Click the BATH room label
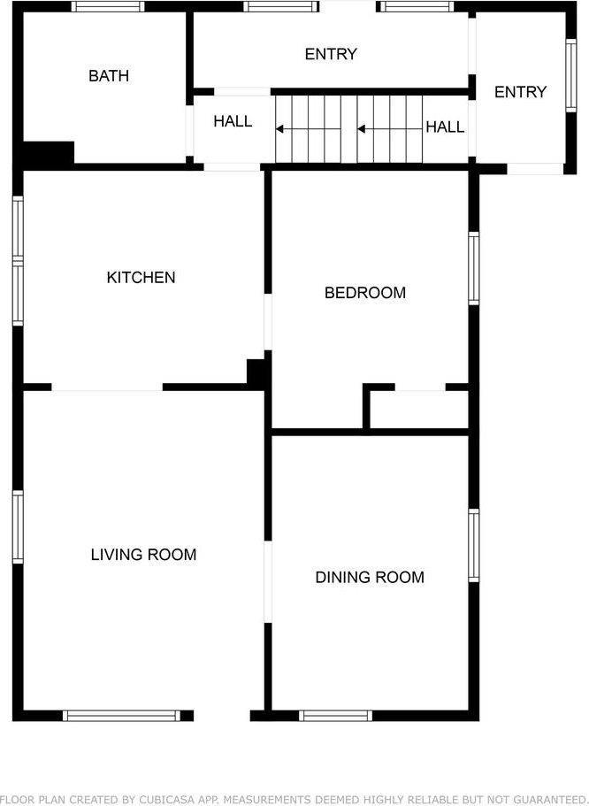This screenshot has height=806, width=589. tap(109, 76)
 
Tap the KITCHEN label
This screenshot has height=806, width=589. tap(141, 278)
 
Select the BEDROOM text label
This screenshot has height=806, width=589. tap(365, 293)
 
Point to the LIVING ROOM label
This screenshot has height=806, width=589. tap(143, 555)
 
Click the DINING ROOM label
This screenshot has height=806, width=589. tap(370, 578)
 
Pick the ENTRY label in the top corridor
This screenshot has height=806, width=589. tap(331, 55)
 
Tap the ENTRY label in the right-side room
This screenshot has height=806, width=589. tap(520, 92)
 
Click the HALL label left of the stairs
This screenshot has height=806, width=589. tap(233, 121)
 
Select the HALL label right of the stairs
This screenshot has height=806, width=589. tap(445, 127)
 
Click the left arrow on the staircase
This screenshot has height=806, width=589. tap(307, 129)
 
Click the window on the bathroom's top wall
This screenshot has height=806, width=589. tap(108, 6)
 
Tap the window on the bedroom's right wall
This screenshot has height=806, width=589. tap(474, 269)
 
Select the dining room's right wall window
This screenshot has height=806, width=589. tap(474, 546)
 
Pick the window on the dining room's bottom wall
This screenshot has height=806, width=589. tap(335, 715)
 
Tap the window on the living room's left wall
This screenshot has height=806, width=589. tap(17, 527)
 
